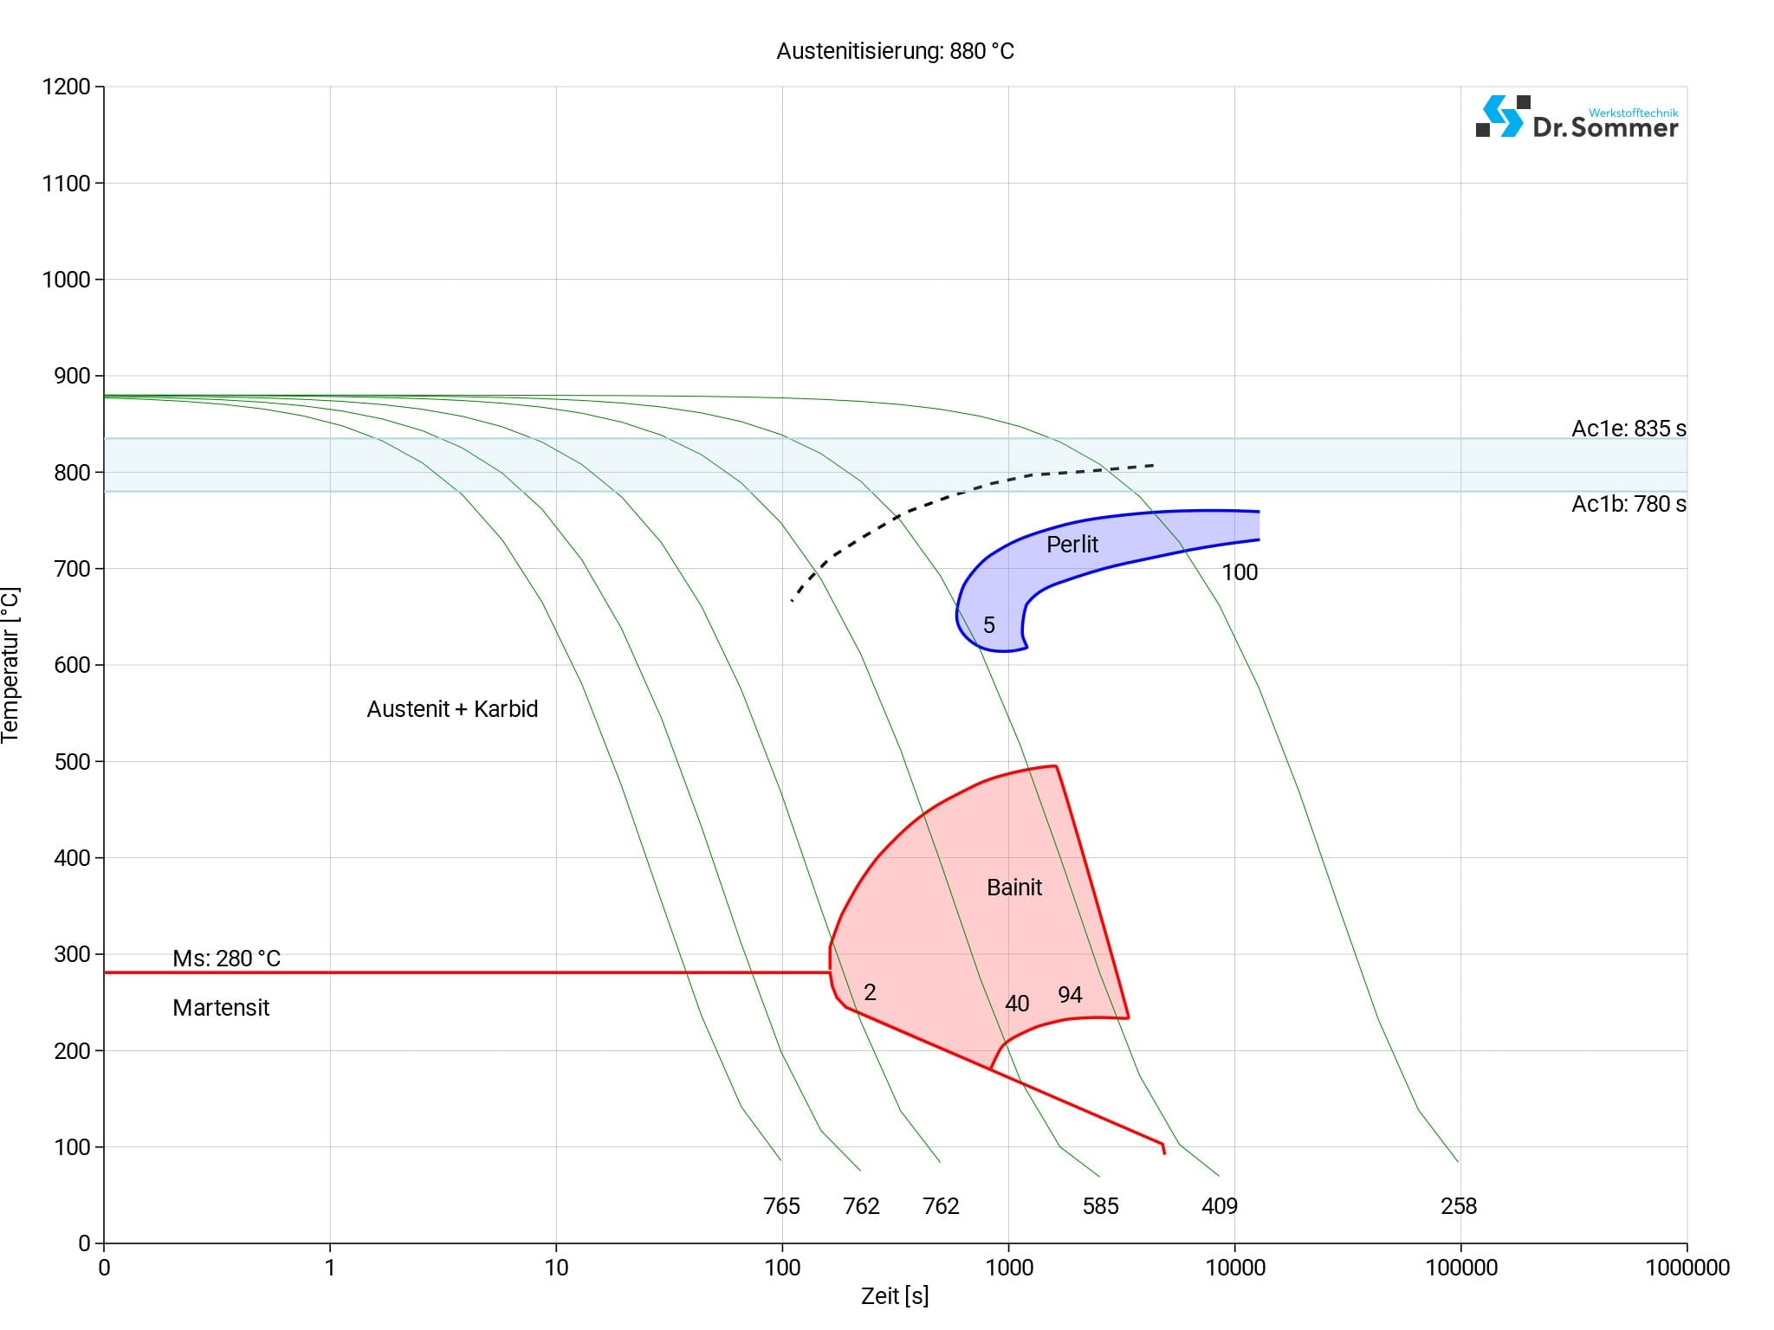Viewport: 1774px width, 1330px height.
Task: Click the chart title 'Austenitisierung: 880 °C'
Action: (895, 51)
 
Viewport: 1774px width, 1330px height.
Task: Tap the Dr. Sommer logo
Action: (1577, 118)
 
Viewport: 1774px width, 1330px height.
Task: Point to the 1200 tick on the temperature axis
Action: (67, 87)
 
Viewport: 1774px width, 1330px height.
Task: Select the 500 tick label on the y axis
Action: (67, 762)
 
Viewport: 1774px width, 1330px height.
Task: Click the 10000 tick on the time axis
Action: (1235, 1268)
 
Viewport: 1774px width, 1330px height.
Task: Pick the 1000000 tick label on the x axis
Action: (1687, 1268)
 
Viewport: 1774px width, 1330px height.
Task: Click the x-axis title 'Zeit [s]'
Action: (895, 1296)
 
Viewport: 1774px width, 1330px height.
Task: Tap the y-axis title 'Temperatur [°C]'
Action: (10, 665)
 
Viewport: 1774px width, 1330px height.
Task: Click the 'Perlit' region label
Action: (1072, 545)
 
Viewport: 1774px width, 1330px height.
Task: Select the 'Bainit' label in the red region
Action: (1014, 888)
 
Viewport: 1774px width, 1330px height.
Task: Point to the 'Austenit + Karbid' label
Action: (452, 709)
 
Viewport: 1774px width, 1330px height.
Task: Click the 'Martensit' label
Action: (221, 1008)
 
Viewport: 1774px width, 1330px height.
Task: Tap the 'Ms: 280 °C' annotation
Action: (226, 959)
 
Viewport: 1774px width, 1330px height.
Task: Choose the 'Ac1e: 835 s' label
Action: (1628, 429)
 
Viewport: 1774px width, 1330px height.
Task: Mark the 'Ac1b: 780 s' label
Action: (1628, 504)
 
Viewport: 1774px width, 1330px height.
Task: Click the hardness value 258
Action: (1459, 1206)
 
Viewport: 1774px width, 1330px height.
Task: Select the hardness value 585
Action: (1100, 1206)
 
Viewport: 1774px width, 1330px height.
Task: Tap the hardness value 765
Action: (781, 1206)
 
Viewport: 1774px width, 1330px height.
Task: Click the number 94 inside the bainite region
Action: (1070, 995)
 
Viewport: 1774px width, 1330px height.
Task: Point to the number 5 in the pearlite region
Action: (989, 625)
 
